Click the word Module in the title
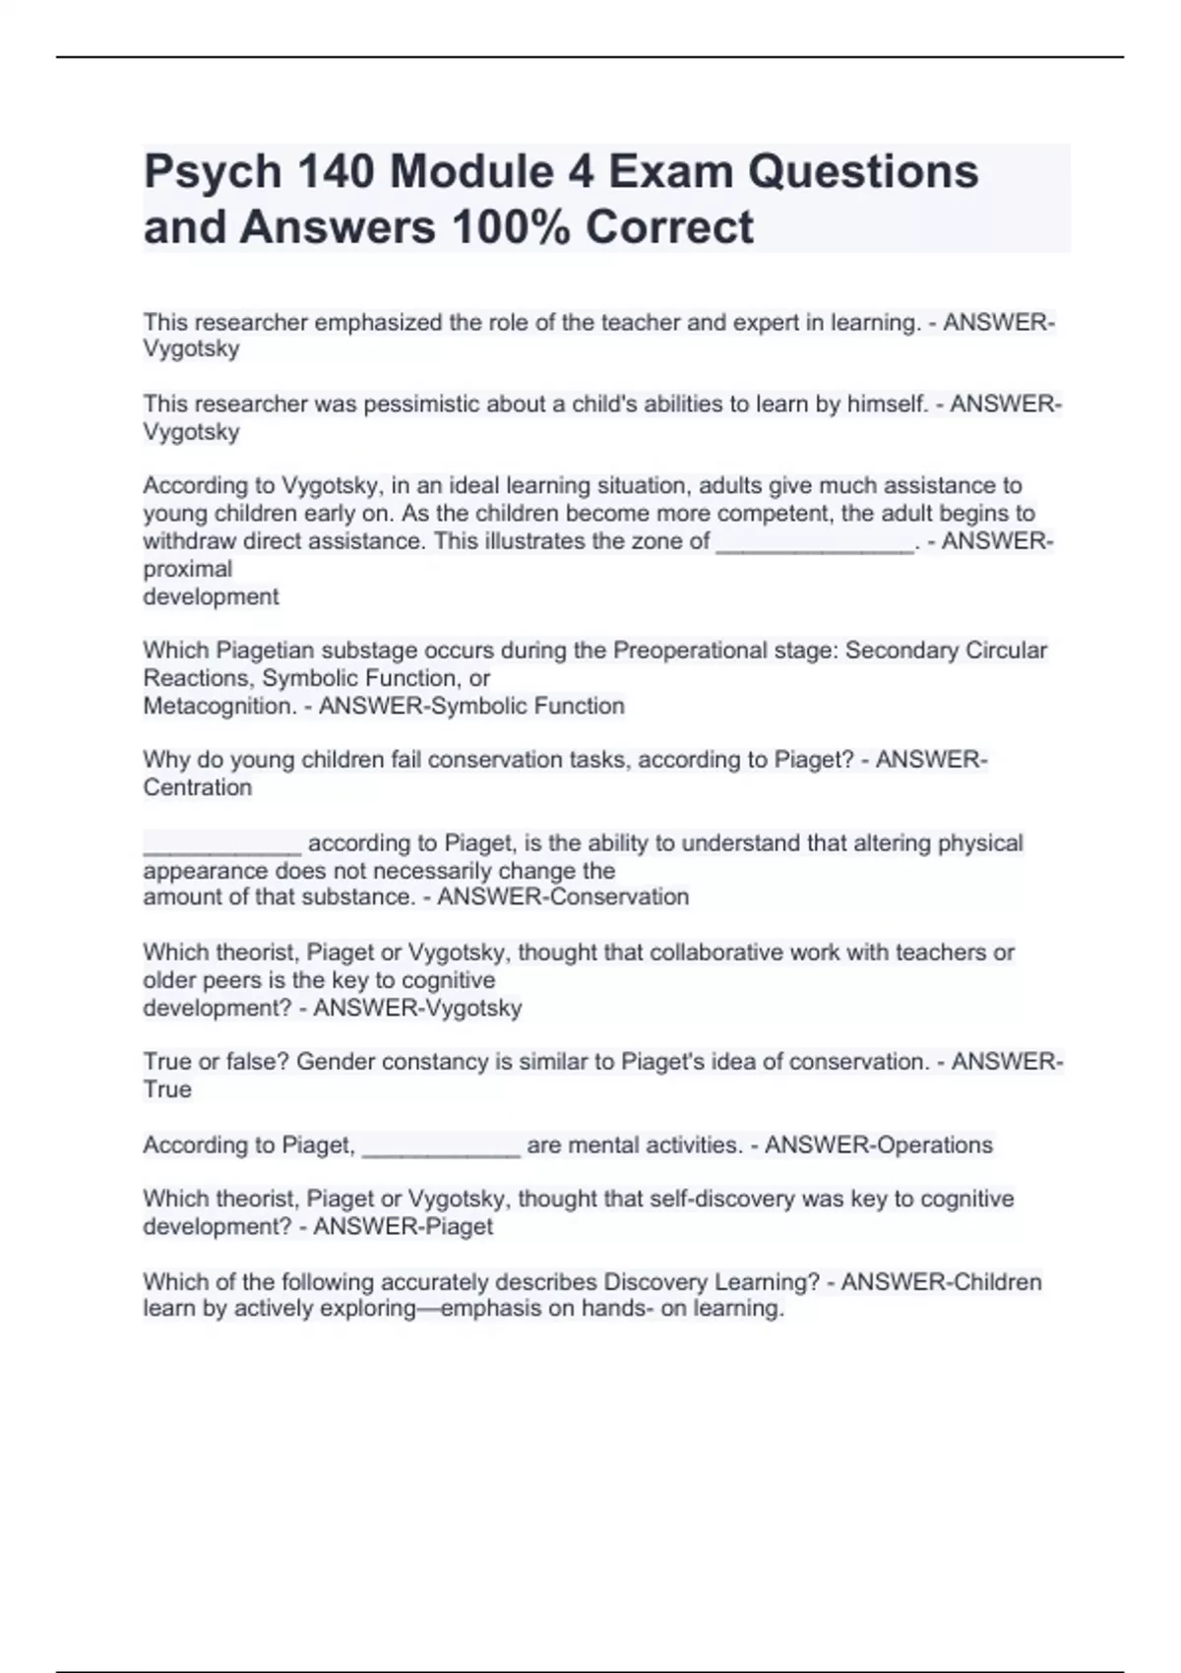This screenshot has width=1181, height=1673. [x=475, y=172]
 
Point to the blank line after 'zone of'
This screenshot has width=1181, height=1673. [x=815, y=542]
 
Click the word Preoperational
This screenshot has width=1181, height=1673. [x=690, y=651]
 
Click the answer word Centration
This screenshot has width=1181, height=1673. [x=198, y=787]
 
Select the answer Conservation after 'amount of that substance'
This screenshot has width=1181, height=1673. [x=618, y=897]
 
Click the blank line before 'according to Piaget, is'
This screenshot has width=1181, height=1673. [x=222, y=844]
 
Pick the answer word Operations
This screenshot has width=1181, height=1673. [x=934, y=1146]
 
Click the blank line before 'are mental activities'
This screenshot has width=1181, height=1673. [x=441, y=1146]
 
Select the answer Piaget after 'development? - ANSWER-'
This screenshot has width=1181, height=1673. [x=456, y=1227]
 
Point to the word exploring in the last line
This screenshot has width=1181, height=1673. [x=374, y=1309]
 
